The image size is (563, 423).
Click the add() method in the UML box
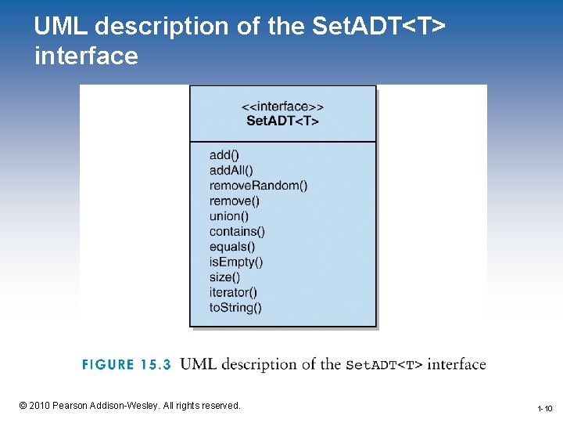(x=224, y=155)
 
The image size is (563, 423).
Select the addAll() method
(x=231, y=170)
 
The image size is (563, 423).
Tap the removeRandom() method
(x=258, y=186)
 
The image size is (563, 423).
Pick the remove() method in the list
(x=235, y=201)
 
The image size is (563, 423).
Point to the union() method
(x=229, y=216)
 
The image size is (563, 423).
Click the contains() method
(x=237, y=231)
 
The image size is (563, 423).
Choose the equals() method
(x=232, y=247)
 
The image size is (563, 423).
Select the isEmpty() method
(x=236, y=262)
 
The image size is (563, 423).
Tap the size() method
(x=224, y=277)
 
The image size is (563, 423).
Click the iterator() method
(x=233, y=292)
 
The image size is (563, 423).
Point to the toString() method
(x=235, y=308)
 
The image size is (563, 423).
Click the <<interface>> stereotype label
(x=282, y=107)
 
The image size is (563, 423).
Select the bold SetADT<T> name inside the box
(x=282, y=121)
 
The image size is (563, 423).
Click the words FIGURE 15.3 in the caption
(x=126, y=365)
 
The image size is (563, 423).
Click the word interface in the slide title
(x=86, y=56)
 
